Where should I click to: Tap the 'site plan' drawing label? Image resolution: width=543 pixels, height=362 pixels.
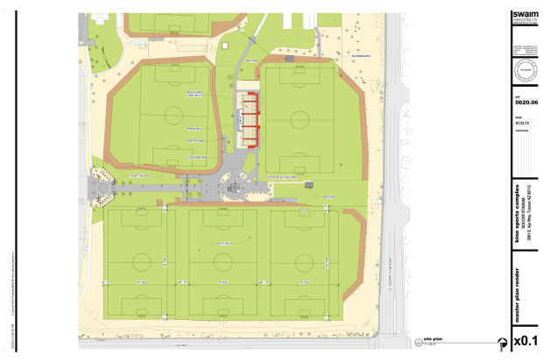431,338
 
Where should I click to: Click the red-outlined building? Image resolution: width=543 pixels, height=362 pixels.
251,120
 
